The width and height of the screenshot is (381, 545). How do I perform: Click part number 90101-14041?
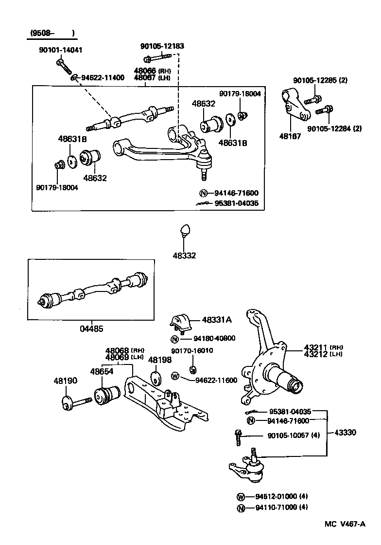pyautogui.click(x=61, y=50)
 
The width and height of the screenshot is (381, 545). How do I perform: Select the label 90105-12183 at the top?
pyautogui.click(x=162, y=46)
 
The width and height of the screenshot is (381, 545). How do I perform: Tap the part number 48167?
pyautogui.click(x=291, y=137)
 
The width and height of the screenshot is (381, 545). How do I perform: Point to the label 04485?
pyautogui.click(x=91, y=328)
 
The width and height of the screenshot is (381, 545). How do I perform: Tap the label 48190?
pyautogui.click(x=65, y=381)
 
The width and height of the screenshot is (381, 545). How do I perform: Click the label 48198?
pyautogui.click(x=160, y=360)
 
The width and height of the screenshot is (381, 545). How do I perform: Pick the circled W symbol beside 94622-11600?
pyautogui.click(x=175, y=376)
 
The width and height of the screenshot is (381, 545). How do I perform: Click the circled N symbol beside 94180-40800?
pyautogui.click(x=175, y=339)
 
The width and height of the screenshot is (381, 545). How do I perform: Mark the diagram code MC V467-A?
pyautogui.click(x=345, y=524)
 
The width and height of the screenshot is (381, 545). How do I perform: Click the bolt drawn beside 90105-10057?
pyautogui.click(x=238, y=437)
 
